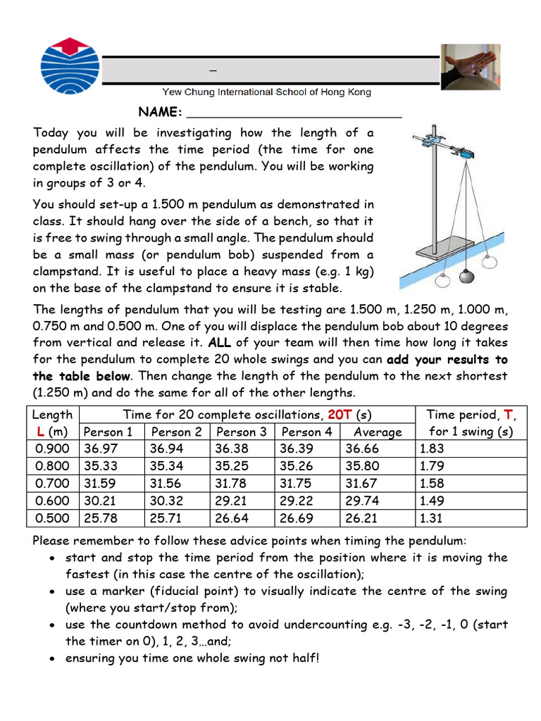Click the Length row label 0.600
pos(53,501)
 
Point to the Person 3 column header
pos(242,432)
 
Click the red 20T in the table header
pos(341,415)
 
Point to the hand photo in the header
pos(469,68)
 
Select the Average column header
pos(378,432)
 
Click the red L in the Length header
pos(40,432)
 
